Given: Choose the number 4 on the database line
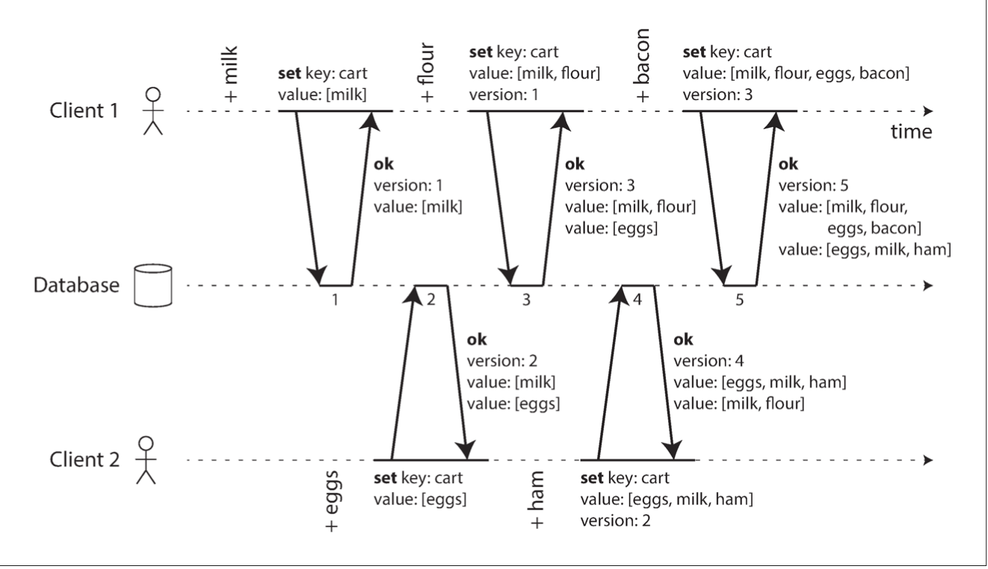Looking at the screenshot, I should coord(637,299).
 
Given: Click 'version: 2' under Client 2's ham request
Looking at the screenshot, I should coord(615,520).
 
